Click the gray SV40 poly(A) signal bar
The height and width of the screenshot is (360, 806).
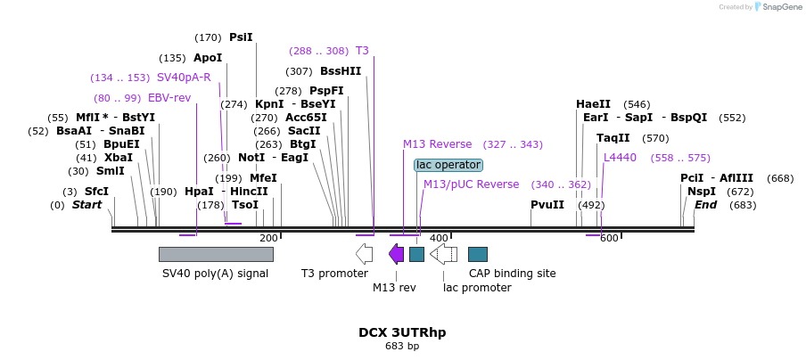216,254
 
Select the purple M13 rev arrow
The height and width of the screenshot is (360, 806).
397,254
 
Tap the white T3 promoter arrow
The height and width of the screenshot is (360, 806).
364,254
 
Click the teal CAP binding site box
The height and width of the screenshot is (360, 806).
478,254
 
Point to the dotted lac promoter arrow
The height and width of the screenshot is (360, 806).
443,254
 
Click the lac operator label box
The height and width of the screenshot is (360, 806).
448,165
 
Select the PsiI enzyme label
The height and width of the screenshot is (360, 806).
241,37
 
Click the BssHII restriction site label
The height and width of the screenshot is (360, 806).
341,71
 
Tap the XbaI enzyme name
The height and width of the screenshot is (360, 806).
119,157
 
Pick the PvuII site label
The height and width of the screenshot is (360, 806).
547,205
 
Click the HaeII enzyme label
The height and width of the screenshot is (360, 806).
593,104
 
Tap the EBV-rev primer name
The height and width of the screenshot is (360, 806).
169,98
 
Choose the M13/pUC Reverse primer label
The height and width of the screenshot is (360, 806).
472,184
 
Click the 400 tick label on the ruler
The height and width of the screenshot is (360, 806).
439,238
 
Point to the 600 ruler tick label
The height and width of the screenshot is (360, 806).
609,238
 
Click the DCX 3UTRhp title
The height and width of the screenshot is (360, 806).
402,332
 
